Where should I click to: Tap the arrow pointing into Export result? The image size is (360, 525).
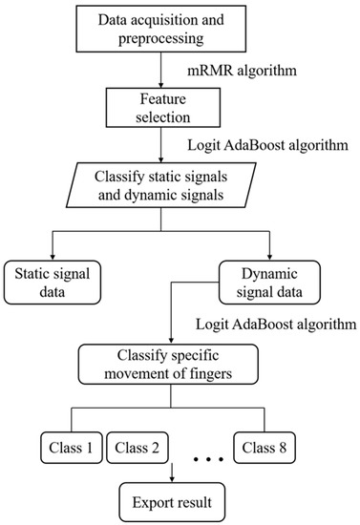pos(173,470)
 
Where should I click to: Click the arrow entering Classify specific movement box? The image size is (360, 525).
pos(173,329)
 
